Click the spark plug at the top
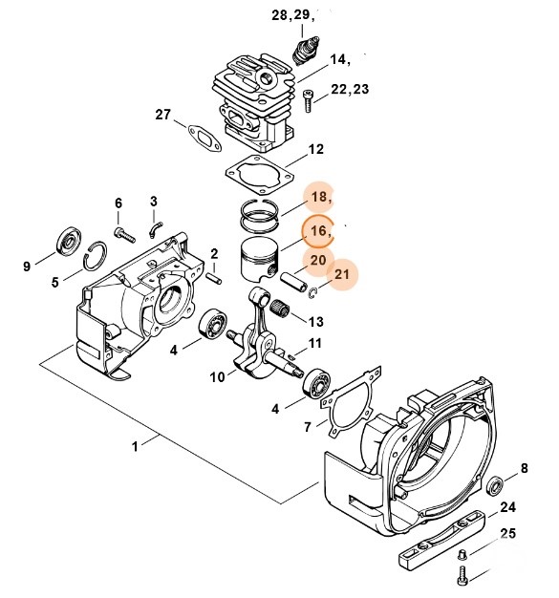click(306, 50)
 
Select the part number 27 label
click(163, 115)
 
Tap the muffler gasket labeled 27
click(204, 138)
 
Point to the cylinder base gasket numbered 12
click(260, 175)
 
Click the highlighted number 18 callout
click(319, 197)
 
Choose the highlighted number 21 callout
click(342, 274)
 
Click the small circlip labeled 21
click(312, 293)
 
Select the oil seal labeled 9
click(69, 242)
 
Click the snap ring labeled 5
click(95, 256)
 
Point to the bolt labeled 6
click(124, 234)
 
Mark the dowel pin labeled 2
click(214, 277)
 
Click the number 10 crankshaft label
click(217, 377)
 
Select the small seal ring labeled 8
click(496, 486)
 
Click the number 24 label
click(507, 507)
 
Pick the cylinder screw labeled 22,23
click(308, 100)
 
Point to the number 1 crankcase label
click(135, 446)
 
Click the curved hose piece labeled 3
click(156, 229)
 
